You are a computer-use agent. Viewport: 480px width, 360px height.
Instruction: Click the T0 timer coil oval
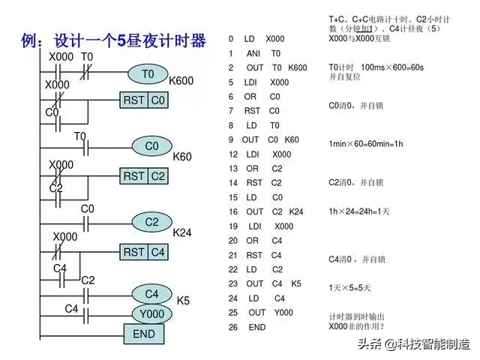tap(148, 74)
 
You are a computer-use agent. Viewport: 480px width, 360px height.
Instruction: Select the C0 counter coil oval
tap(152, 145)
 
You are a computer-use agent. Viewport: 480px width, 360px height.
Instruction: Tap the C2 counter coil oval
tap(152, 222)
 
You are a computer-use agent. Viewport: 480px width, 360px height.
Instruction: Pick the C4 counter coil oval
tap(152, 293)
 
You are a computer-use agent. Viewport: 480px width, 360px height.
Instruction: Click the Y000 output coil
tap(152, 313)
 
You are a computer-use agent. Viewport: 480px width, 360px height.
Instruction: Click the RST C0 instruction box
tap(145, 100)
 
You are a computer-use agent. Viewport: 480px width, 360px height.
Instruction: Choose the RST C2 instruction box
tap(145, 175)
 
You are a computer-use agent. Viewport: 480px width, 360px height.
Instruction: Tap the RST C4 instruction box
tap(145, 252)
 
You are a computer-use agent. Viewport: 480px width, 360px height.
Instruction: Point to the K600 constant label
tap(181, 80)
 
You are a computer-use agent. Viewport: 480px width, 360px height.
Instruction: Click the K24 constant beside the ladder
tap(182, 232)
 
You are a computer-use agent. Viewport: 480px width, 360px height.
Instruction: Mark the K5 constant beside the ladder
tap(183, 300)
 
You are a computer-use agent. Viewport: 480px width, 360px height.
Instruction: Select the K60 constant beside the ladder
tap(182, 157)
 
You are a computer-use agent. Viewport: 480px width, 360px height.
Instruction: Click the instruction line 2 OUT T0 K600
tap(268, 67)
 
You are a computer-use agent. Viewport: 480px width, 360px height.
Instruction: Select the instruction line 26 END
tap(247, 327)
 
